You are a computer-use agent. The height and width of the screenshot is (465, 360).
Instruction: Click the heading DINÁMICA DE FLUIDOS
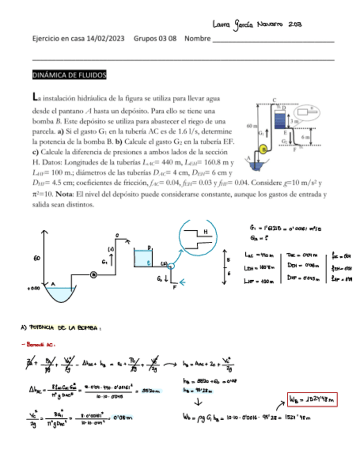point(70,75)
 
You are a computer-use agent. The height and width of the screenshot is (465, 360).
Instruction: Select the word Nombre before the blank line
point(198,39)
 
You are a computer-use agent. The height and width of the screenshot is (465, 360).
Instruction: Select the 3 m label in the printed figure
point(294,121)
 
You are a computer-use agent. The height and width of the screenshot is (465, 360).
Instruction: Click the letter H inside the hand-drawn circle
point(205,232)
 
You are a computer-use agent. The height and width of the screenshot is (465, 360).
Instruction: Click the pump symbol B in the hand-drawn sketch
point(94,274)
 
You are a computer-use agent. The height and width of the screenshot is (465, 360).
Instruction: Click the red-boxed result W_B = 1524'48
point(311,399)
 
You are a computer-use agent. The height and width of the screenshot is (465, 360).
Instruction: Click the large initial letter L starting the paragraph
point(36,98)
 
